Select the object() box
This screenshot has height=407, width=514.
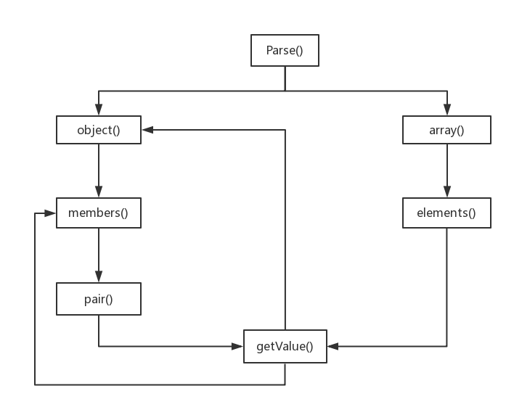coord(98,131)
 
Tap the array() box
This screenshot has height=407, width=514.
coord(446,131)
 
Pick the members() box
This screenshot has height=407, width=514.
coord(98,213)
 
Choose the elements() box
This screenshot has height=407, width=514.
coord(446,213)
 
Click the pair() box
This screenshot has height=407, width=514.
coord(98,299)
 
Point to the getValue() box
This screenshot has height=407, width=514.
coord(285,347)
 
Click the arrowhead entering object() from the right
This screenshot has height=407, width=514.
coord(147,131)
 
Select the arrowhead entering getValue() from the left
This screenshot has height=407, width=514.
coord(237,347)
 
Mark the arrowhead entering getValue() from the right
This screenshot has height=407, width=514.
coord(333,347)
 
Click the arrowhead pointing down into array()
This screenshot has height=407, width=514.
coord(446,111)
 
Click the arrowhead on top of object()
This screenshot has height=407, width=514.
coord(98,111)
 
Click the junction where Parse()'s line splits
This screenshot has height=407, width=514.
coord(285,91)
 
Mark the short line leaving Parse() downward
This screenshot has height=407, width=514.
coord(285,78)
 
